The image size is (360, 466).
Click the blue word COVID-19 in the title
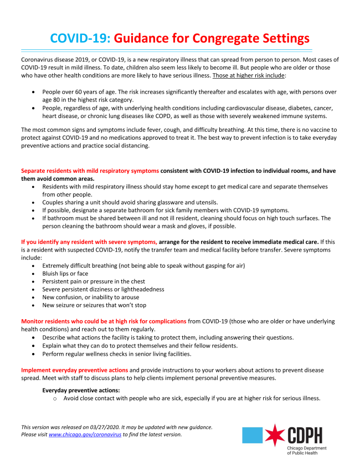point(80,38)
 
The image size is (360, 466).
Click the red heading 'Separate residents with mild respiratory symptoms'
point(90,171)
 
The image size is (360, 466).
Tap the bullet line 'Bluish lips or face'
point(65,273)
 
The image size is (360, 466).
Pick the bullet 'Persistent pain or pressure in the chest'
point(94,281)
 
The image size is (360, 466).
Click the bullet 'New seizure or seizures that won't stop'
point(94,305)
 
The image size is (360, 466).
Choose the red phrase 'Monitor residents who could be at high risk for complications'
point(104,321)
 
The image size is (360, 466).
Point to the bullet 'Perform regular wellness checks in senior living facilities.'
point(117,354)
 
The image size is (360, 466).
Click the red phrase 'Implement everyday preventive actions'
point(75,370)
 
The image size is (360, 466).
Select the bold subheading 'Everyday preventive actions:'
point(81,390)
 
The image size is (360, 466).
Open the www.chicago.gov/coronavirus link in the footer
point(85,435)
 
